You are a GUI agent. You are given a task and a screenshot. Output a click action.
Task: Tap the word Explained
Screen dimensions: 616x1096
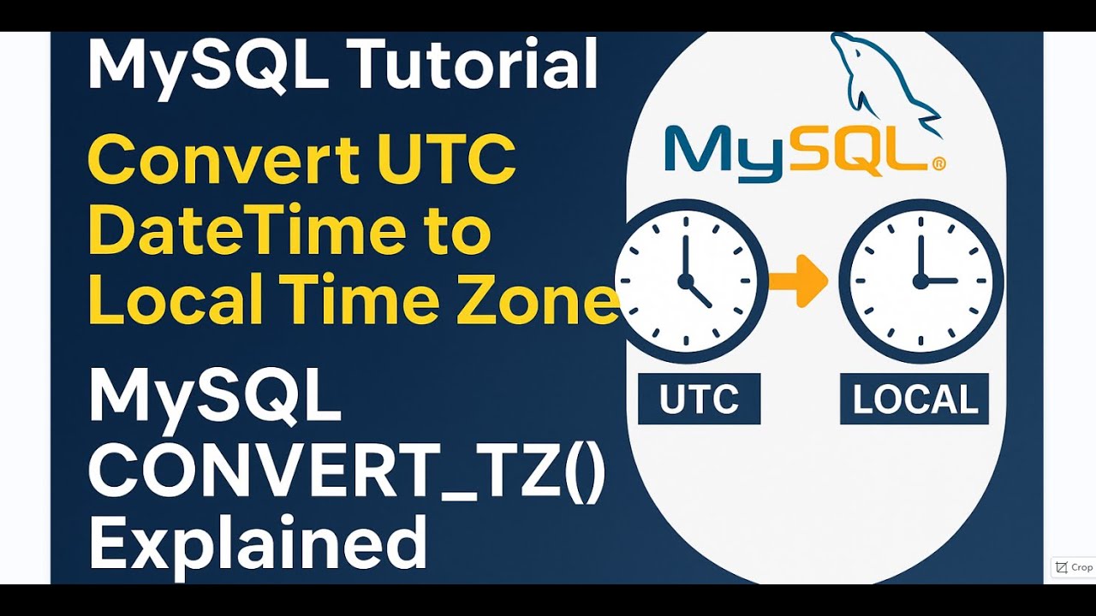tap(257, 543)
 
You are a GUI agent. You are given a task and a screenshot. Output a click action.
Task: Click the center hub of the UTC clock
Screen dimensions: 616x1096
tap(685, 280)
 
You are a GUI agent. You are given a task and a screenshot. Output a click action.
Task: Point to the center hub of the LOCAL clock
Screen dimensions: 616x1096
tap(921, 280)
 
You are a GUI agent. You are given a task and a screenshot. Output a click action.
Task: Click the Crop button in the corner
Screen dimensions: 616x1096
tap(1074, 567)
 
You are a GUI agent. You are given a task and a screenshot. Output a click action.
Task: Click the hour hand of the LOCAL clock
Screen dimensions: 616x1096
tap(940, 280)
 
